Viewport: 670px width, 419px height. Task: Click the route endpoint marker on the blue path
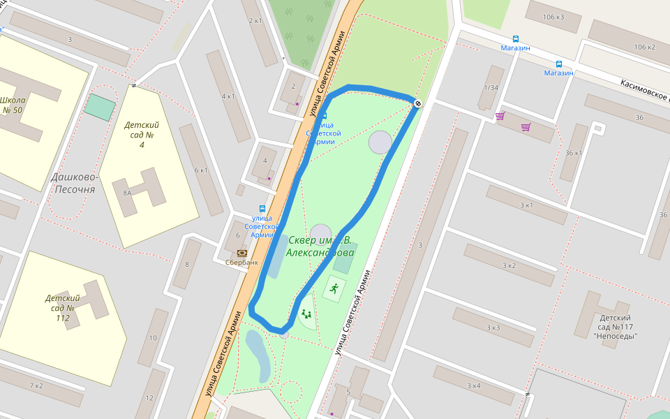(x=417, y=103)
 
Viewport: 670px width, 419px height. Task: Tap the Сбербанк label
(x=241, y=263)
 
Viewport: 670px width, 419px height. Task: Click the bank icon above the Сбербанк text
(x=241, y=252)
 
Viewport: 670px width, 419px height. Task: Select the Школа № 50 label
(x=13, y=105)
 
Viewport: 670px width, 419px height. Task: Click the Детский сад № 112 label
(x=63, y=308)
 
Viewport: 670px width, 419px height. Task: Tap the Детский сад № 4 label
(x=142, y=135)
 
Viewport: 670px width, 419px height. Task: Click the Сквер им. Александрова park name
(x=320, y=247)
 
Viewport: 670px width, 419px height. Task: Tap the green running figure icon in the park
(x=334, y=288)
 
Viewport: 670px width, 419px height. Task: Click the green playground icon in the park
(x=306, y=314)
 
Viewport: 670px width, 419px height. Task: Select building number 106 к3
(x=553, y=16)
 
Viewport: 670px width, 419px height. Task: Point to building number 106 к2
(x=644, y=47)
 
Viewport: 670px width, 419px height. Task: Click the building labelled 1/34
(x=491, y=87)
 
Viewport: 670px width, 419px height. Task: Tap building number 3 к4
(x=472, y=385)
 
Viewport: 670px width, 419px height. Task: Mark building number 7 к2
(x=36, y=385)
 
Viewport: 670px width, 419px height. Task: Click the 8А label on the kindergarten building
(x=127, y=193)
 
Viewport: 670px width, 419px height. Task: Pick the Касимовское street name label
(x=643, y=89)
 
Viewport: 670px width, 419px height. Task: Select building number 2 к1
(x=255, y=20)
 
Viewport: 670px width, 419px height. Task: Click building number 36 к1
(x=574, y=153)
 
